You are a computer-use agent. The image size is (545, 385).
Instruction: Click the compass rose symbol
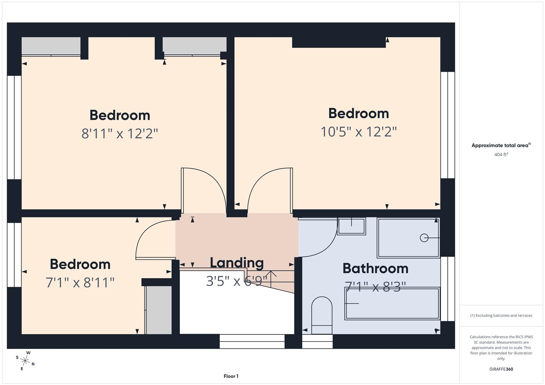25,360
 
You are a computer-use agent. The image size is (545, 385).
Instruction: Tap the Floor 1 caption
231,376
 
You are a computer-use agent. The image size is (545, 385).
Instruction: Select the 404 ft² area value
501,154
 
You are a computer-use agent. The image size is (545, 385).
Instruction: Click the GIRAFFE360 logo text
501,369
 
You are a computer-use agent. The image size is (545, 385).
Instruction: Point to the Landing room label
237,263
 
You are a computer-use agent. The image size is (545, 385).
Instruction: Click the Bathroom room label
375,268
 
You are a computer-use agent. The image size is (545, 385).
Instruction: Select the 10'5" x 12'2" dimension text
358,132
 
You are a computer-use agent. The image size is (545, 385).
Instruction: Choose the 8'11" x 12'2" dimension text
120,134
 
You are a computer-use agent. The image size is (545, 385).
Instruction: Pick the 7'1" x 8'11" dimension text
80,283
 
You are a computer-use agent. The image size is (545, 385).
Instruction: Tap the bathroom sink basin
352,226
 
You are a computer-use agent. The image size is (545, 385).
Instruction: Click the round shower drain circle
424,238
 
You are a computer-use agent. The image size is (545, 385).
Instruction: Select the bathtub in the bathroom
392,304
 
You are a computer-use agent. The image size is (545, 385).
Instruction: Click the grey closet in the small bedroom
159,310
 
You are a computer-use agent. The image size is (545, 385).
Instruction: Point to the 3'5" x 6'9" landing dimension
237,281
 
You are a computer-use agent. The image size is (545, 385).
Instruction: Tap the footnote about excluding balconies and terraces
501,315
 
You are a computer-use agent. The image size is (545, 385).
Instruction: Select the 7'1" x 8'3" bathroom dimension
375,287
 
